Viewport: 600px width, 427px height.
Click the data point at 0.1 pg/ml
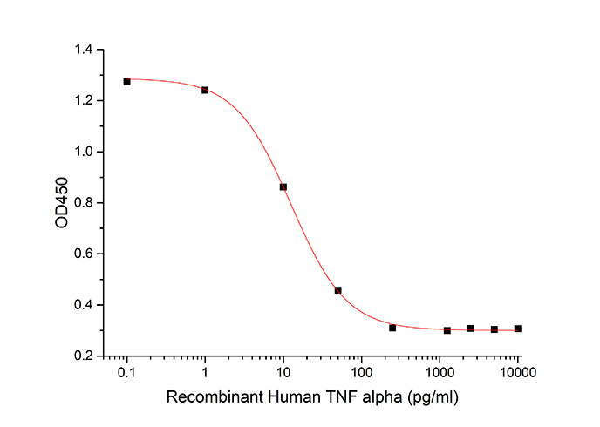126,82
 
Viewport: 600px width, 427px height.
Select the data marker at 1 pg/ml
205,90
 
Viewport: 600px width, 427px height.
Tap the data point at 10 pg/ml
283,186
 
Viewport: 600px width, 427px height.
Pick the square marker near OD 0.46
337,290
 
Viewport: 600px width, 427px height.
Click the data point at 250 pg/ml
392,328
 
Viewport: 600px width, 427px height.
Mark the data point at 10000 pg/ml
518,329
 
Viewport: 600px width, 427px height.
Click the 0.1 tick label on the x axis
126,373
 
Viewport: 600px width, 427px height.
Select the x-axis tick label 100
361,373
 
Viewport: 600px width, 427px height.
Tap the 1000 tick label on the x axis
440,373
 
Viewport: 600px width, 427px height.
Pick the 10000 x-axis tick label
518,373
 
